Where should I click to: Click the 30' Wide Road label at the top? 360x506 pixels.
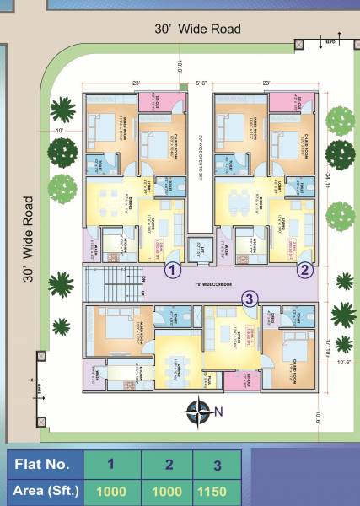pos(197,29)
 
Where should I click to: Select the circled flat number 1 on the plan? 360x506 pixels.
pos(172,271)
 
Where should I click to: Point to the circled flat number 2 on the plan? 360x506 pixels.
pos(304,270)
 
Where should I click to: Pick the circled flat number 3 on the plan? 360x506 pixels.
pos(249,298)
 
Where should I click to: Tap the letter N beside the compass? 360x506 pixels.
pos(218,412)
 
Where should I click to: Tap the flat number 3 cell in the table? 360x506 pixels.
pos(217,463)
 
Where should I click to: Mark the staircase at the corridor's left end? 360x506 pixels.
pos(118,278)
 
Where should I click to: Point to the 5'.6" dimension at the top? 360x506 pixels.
pos(201,83)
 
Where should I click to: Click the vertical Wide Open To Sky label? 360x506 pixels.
pos(201,156)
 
